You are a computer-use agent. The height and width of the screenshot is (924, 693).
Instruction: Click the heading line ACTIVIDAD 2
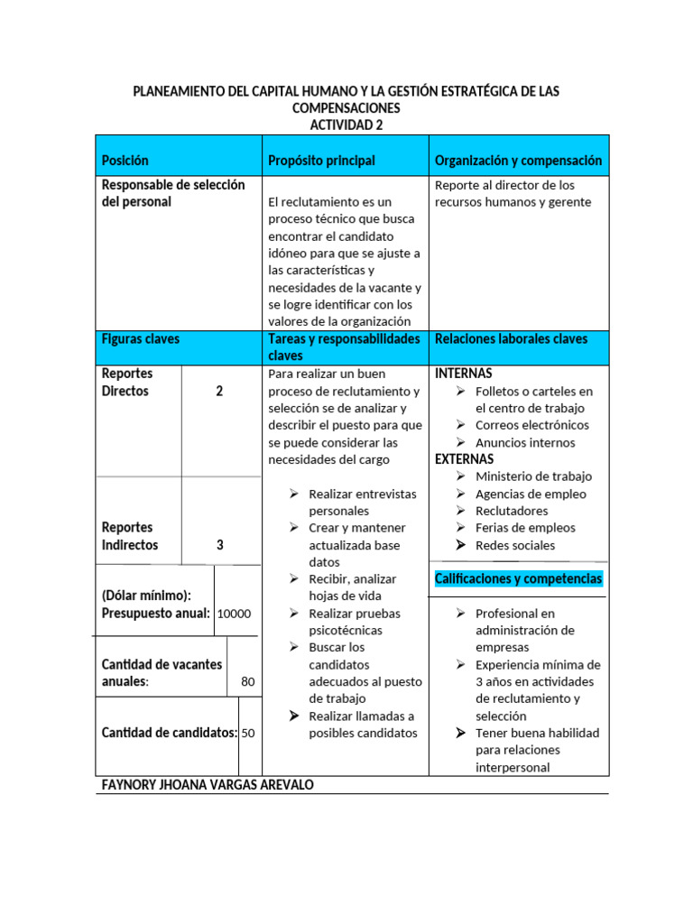coord(346,125)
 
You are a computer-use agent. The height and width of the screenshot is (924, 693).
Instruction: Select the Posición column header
coord(125,161)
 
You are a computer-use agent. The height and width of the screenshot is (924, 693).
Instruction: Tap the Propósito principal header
coord(321,161)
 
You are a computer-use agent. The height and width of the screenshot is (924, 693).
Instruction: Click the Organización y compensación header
coord(518,161)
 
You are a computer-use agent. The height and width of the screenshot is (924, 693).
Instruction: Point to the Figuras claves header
coord(141,339)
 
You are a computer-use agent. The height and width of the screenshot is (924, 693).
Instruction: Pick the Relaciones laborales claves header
coord(511,339)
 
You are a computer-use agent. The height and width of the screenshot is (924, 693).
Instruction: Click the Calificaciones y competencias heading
coord(518,578)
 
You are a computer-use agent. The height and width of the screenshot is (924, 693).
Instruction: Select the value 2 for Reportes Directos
coord(219,392)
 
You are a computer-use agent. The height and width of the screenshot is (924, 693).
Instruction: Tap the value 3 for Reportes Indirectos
coord(219,545)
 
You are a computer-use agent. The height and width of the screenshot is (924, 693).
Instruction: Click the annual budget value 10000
coord(235,614)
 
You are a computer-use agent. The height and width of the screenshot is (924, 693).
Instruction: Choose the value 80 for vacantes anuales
coord(248,681)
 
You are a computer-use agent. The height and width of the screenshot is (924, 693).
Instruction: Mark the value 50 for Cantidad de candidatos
coord(248,733)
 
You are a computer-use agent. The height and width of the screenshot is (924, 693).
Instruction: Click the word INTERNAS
coord(464,374)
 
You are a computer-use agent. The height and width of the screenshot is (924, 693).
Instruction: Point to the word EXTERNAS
coord(465,459)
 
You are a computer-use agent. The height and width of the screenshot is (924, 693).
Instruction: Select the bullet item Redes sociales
coord(515,545)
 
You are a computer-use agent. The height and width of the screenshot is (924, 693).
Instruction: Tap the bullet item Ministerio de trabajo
coord(534,476)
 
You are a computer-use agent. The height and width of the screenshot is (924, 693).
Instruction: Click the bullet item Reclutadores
coord(512,511)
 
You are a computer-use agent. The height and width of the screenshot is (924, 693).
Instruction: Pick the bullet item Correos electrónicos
coord(532,425)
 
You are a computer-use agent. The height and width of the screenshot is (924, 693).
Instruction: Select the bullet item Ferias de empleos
coord(525,528)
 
